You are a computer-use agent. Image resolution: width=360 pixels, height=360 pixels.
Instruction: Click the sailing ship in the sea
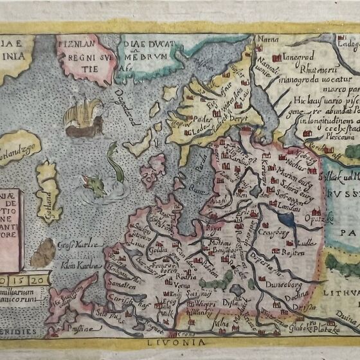click(84, 116)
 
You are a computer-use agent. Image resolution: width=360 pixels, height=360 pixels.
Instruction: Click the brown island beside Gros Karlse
click(43, 252)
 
